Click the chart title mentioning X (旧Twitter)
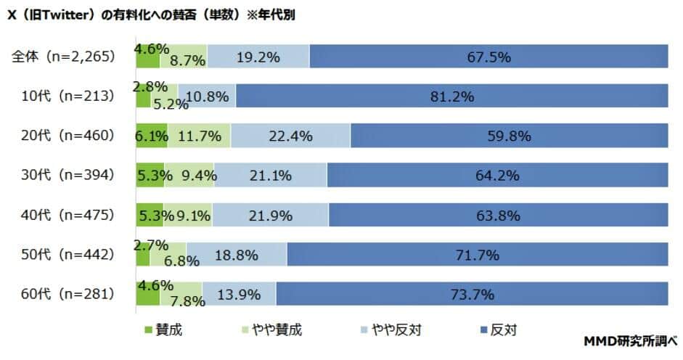click(155, 14)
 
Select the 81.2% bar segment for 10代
click(451, 96)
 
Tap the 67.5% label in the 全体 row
click(488, 57)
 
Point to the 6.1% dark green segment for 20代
click(152, 136)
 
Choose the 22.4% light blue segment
click(290, 136)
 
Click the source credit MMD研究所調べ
click(630, 340)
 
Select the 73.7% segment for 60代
click(472, 294)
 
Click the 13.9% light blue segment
click(239, 294)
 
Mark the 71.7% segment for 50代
click(477, 254)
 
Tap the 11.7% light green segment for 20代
click(200, 136)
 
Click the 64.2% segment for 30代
click(497, 175)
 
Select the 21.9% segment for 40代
click(270, 215)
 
